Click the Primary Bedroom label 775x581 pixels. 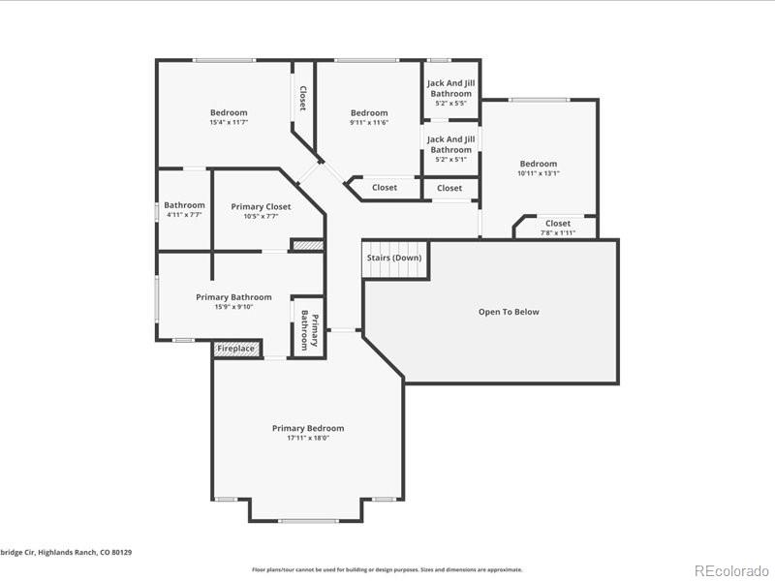(x=307, y=428)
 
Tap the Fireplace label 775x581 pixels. (x=235, y=349)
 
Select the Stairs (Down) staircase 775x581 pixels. (x=394, y=259)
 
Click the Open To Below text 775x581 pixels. (x=509, y=312)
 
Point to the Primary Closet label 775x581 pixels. (x=261, y=206)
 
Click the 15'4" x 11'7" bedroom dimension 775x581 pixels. (x=229, y=123)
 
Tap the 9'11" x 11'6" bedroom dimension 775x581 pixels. (x=369, y=123)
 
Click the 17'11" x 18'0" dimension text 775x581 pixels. (x=307, y=439)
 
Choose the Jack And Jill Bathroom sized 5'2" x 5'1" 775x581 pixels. (x=450, y=149)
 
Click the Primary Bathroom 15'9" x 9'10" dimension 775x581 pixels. (x=233, y=308)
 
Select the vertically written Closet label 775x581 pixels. (x=302, y=98)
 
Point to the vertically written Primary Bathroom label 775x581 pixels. (x=308, y=329)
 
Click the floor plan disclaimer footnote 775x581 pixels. (x=387, y=569)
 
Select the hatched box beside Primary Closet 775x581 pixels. (x=307, y=246)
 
